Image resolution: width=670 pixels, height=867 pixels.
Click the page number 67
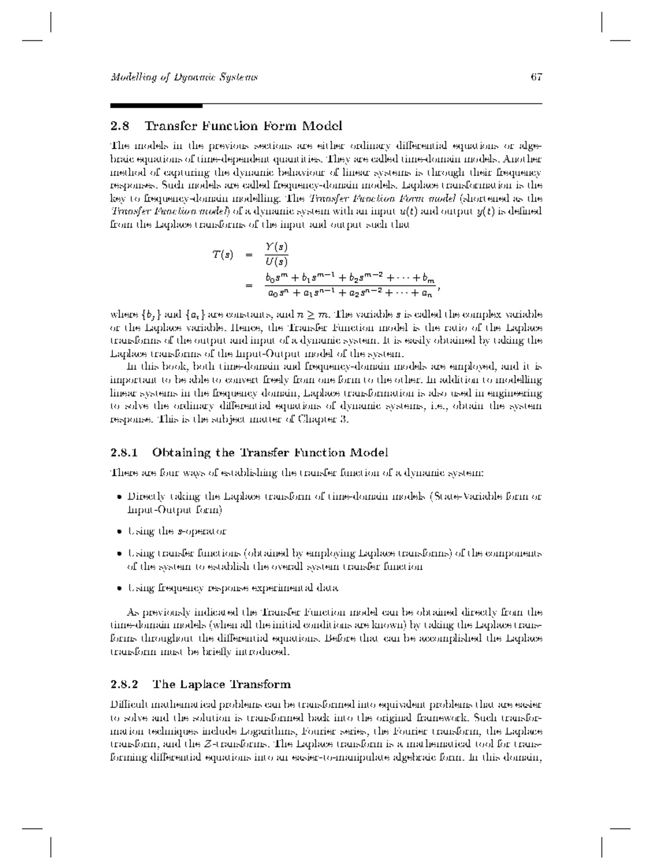coord(537,77)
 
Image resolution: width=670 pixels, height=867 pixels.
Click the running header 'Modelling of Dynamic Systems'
coord(184,77)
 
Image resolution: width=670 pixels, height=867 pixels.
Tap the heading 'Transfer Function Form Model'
coord(243,126)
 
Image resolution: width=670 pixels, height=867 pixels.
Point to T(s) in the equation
coord(222,255)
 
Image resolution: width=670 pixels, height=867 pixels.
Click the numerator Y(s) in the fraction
coord(276,246)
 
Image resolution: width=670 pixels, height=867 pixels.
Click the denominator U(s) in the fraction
coord(276,261)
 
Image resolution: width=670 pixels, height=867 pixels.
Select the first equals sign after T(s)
coord(249,255)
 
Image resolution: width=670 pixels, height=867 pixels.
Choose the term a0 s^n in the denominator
coord(276,292)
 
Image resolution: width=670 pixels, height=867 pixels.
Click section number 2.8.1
coord(123,452)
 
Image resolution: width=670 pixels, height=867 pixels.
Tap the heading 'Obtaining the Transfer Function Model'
coord(270,452)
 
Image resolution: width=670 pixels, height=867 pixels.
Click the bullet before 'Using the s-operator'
coord(119,532)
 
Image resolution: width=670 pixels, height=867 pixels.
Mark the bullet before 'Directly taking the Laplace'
coord(119,497)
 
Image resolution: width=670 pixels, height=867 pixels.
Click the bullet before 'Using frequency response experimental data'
coord(119,588)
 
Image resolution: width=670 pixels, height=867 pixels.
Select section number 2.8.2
coord(123,684)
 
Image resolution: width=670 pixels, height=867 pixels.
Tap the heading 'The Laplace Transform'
coord(222,684)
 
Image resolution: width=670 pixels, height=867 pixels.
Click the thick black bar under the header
coord(156,105)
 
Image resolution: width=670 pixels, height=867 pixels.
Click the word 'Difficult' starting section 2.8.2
coord(128,705)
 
